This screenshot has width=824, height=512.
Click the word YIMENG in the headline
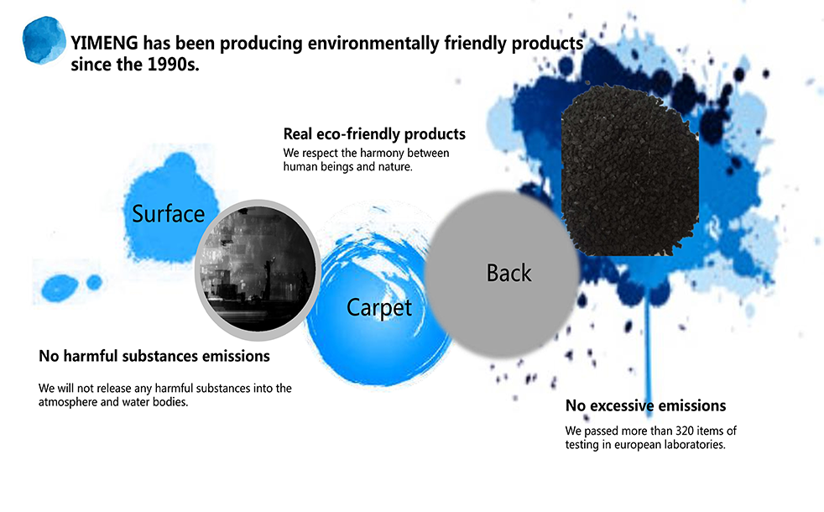click(105, 43)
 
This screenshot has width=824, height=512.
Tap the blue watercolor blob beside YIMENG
click(44, 40)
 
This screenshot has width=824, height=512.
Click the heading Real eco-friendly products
click(374, 134)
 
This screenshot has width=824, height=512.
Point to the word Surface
click(168, 214)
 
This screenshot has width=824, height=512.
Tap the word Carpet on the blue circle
click(379, 308)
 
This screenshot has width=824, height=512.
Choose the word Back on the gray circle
click(508, 274)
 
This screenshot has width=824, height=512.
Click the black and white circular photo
click(258, 269)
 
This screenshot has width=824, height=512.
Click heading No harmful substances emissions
click(154, 357)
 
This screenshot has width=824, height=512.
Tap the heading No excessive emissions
click(645, 405)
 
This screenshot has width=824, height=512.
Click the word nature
click(396, 167)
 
